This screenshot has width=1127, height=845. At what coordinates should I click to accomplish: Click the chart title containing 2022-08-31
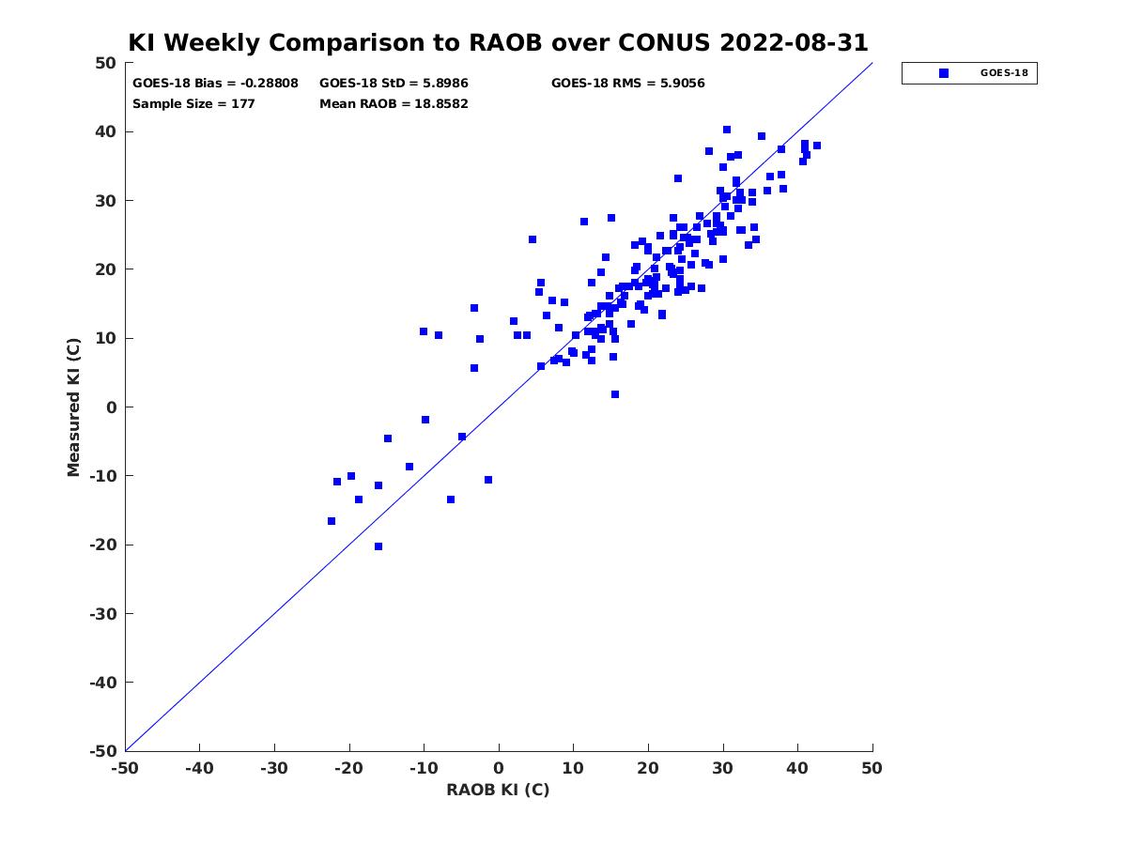tap(498, 42)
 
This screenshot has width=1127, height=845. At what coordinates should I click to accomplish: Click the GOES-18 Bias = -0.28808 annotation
tap(215, 84)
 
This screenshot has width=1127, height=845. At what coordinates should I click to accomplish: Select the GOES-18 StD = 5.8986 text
tap(394, 84)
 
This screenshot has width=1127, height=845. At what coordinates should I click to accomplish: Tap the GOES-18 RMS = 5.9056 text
tap(627, 84)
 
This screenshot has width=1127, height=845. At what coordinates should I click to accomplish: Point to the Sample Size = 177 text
tap(193, 103)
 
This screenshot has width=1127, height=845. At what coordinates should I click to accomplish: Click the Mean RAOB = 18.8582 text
tap(394, 103)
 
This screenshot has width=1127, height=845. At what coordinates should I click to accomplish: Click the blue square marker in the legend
tap(943, 73)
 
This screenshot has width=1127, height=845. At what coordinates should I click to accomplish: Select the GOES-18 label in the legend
tap(1004, 73)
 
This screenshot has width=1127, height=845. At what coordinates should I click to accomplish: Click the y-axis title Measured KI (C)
tap(73, 407)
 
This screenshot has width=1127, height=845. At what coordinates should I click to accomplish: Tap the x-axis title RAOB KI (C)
tap(498, 789)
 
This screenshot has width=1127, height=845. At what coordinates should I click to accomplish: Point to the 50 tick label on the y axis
tap(106, 63)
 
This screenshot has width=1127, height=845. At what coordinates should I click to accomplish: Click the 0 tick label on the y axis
tap(112, 407)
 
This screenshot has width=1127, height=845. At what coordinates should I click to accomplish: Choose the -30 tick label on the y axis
tap(103, 614)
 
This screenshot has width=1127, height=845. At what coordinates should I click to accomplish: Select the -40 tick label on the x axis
tap(199, 768)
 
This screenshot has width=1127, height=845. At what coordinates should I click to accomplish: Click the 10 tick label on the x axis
tap(573, 768)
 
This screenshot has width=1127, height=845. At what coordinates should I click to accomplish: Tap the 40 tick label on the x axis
tap(796, 768)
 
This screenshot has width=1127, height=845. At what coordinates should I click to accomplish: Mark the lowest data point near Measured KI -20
tap(378, 546)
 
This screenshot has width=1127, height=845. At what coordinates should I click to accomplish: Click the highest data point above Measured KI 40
tap(727, 130)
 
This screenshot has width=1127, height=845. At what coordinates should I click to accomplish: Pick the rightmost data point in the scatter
tap(817, 146)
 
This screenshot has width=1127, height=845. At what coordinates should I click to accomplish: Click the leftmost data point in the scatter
tap(332, 521)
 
